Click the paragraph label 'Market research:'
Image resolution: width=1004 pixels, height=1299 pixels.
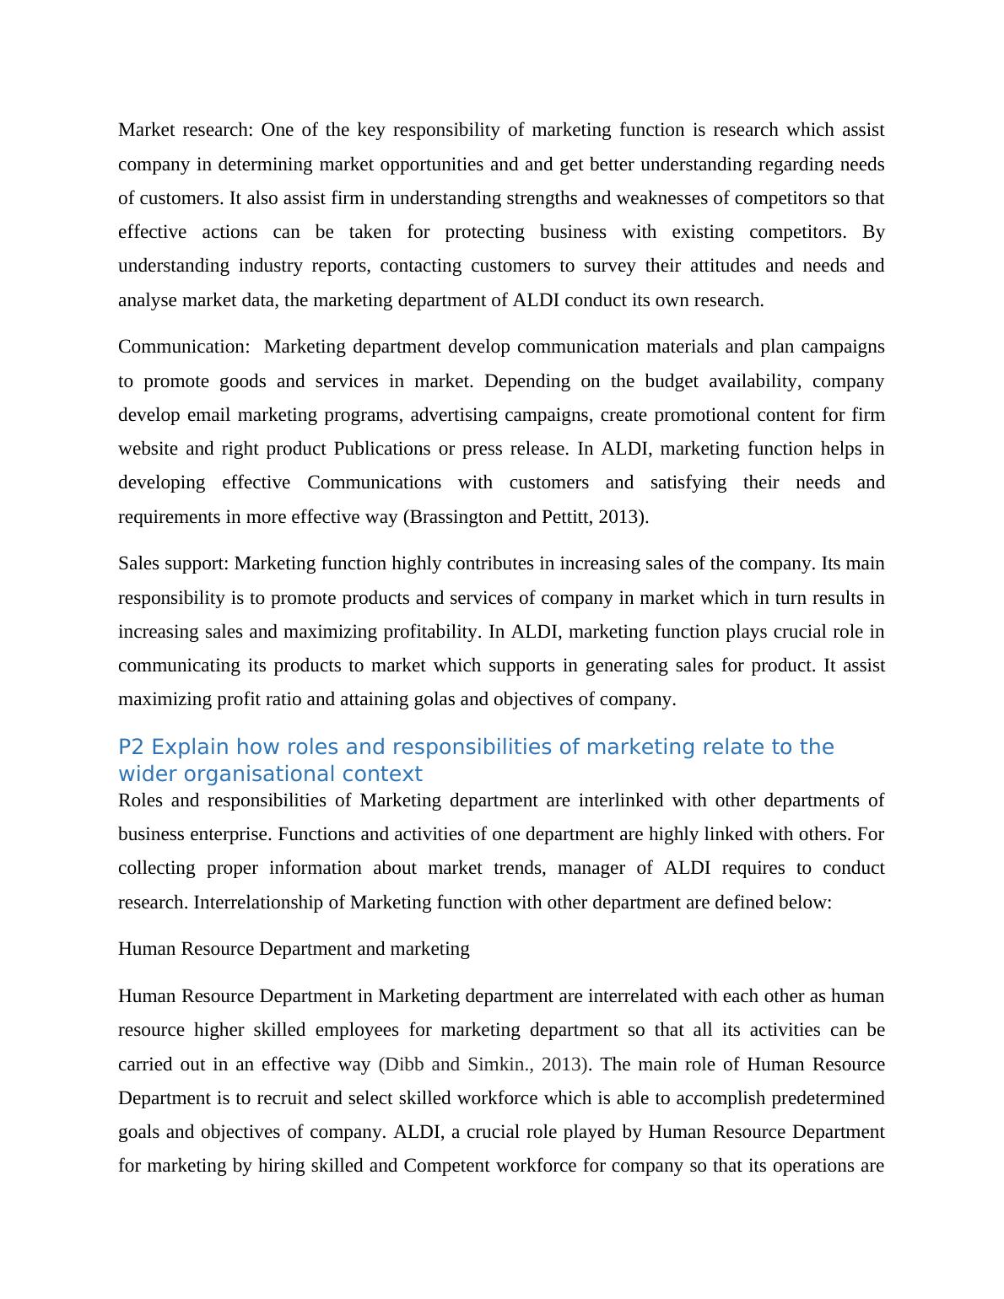185,130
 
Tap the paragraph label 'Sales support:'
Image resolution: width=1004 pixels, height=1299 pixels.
173,563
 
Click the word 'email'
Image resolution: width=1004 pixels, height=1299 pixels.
209,415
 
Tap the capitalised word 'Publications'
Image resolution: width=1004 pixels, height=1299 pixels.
382,449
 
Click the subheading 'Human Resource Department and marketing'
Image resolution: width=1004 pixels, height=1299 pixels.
294,949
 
